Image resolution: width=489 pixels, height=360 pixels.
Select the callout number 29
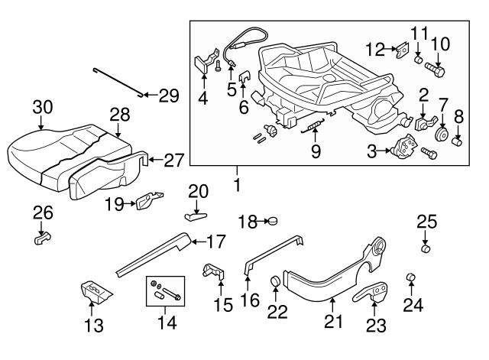click(168, 96)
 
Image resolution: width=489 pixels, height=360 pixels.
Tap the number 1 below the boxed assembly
click(237, 184)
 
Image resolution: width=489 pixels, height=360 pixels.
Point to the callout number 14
click(166, 323)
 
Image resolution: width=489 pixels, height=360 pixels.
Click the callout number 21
click(332, 323)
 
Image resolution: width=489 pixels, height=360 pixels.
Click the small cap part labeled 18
click(270, 222)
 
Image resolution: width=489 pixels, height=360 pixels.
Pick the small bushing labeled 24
click(410, 276)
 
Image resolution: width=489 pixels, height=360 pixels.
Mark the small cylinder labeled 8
click(459, 141)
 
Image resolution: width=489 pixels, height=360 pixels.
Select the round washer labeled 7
click(441, 137)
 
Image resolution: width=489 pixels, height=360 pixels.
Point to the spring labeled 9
click(313, 126)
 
